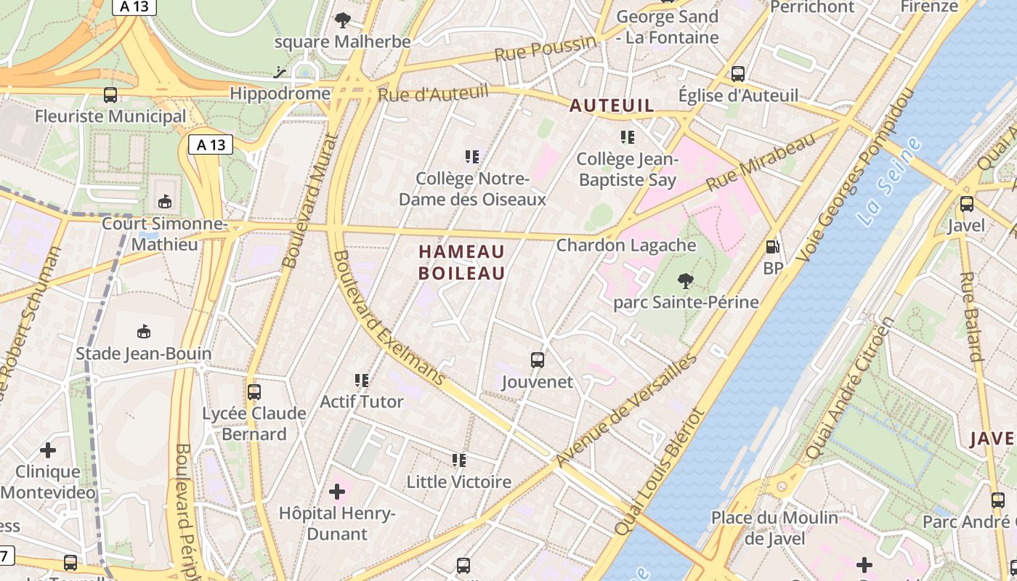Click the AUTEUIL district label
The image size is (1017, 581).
pyautogui.click(x=612, y=106)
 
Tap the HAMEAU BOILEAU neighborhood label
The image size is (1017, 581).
pyautogui.click(x=461, y=262)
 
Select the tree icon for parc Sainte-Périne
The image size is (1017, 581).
pyautogui.click(x=685, y=280)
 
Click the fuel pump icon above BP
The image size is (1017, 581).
pyautogui.click(x=773, y=247)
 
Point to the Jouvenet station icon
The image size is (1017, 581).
pyautogui.click(x=538, y=360)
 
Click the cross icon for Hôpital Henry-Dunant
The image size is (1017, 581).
pyautogui.click(x=337, y=492)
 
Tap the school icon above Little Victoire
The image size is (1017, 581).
pyautogui.click(x=458, y=460)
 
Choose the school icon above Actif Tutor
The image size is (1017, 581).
pyautogui.click(x=362, y=380)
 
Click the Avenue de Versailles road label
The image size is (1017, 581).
pyautogui.click(x=626, y=410)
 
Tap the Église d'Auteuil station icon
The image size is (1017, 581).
pyautogui.click(x=738, y=73)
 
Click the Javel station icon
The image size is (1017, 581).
pyautogui.click(x=966, y=204)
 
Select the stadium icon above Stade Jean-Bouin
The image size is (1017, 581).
pyautogui.click(x=144, y=332)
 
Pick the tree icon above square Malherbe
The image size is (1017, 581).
pyautogui.click(x=342, y=20)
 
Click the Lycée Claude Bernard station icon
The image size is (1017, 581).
pyautogui.click(x=254, y=392)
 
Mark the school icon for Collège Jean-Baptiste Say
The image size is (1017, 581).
pyautogui.click(x=628, y=137)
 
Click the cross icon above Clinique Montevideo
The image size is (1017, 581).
pyautogui.click(x=48, y=450)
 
